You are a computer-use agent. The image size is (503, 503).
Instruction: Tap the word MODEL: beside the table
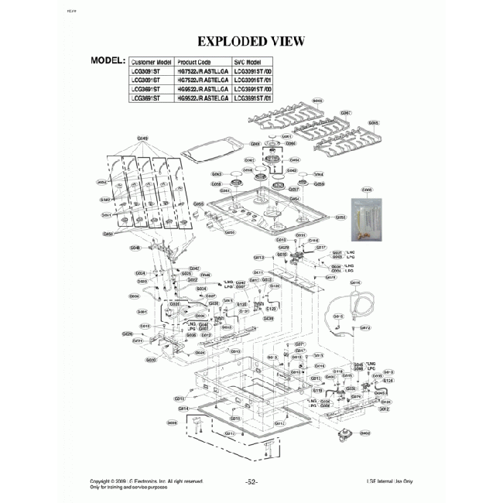[108, 60]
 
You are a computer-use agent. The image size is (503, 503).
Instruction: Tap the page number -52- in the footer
[251, 481]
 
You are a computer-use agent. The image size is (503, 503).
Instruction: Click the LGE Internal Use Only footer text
[390, 481]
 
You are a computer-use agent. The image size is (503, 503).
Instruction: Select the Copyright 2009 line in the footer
[146, 481]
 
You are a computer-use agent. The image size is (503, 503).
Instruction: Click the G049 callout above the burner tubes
[142, 139]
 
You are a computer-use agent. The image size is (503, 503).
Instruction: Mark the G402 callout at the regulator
[364, 433]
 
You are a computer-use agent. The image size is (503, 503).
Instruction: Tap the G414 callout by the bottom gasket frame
[183, 408]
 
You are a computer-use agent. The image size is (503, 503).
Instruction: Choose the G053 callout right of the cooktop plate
[340, 218]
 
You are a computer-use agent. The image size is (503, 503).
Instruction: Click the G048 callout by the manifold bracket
[135, 248]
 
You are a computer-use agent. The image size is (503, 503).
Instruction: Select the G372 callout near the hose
[365, 327]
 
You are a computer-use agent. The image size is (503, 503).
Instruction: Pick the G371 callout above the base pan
[301, 344]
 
